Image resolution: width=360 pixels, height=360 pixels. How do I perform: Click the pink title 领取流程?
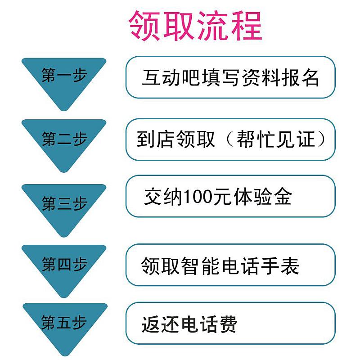[195, 26]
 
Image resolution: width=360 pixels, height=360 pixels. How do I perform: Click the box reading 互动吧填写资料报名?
[230, 77]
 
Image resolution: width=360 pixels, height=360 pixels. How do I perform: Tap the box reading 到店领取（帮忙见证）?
[230, 139]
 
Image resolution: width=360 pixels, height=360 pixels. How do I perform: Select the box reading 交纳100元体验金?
[230, 196]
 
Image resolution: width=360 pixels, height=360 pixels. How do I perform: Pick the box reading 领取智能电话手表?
[230, 265]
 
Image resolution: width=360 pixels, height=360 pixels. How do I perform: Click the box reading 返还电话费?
[230, 323]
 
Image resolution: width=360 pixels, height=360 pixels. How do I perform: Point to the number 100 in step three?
[198, 197]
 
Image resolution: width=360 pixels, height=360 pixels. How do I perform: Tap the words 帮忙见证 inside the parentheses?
[275, 139]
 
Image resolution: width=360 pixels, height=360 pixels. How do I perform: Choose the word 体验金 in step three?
[263, 197]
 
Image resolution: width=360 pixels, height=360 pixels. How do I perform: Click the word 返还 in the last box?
[160, 324]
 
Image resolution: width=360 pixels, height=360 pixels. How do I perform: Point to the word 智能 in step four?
[200, 265]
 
